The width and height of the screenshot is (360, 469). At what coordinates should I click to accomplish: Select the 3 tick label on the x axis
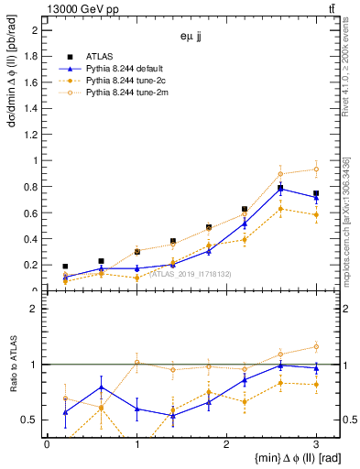click(316, 443)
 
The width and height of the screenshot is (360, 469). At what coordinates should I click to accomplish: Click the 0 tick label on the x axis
click(47, 443)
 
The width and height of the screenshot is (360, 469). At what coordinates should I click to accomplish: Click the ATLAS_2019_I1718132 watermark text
click(191, 274)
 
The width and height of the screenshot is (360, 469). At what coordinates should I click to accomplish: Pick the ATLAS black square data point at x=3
click(316, 193)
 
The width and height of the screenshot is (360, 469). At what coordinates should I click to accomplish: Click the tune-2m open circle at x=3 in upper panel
click(316, 169)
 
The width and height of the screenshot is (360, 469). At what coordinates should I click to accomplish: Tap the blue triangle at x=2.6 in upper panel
click(280, 189)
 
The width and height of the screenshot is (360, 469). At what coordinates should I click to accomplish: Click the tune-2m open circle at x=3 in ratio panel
click(316, 346)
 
